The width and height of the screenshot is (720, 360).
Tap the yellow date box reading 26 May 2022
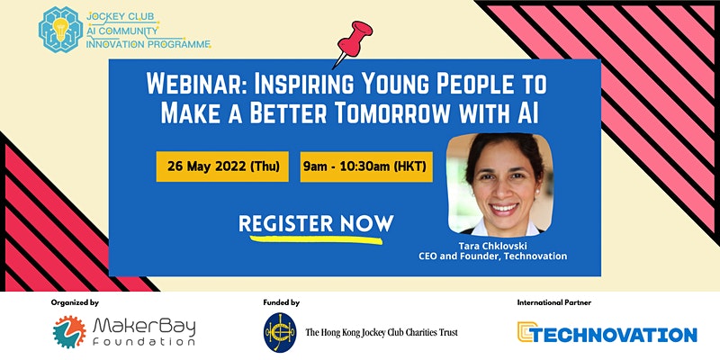(x=222, y=166)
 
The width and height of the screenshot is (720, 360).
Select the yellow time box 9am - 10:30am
(x=366, y=166)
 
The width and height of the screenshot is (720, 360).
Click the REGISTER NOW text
(x=316, y=223)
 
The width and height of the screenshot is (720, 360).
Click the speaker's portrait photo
(x=500, y=184)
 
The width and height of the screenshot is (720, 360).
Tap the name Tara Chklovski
(x=492, y=247)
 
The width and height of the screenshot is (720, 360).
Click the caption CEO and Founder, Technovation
(x=492, y=256)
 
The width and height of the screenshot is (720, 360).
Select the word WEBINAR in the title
(x=196, y=85)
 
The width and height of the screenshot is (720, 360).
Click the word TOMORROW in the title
(x=403, y=113)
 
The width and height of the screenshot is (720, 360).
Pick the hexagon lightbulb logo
(x=60, y=29)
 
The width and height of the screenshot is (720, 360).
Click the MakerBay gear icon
(x=69, y=331)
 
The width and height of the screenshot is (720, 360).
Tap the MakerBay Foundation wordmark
(x=144, y=332)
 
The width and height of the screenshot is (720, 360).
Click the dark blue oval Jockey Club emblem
(x=280, y=332)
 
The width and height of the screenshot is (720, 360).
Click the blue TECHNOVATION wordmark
(x=607, y=331)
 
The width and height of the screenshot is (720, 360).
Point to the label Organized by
(x=75, y=302)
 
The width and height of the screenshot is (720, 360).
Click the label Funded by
(x=282, y=302)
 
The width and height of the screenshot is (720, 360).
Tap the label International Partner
(x=554, y=302)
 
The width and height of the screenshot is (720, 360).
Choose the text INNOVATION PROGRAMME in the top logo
(x=148, y=44)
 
